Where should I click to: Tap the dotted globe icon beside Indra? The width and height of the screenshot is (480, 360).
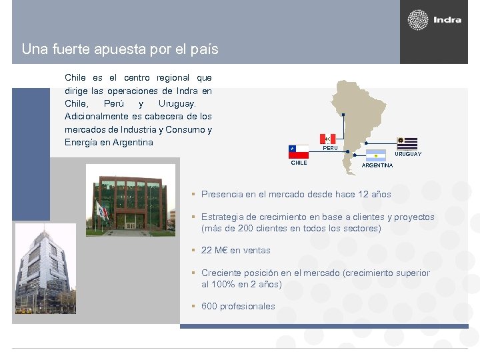click(x=418, y=20)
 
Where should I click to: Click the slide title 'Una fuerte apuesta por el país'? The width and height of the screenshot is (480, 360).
click(x=120, y=49)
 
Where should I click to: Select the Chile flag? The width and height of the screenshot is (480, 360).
click(x=298, y=151)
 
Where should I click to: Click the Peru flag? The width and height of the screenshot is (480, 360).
click(x=327, y=139)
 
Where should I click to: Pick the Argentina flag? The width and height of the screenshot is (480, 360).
click(x=375, y=155)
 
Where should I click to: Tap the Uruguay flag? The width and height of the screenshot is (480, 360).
click(x=407, y=143)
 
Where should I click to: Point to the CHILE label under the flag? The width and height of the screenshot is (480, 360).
click(x=299, y=163)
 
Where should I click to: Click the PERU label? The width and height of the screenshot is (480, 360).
click(x=330, y=148)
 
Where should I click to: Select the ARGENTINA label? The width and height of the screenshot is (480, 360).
click(x=377, y=165)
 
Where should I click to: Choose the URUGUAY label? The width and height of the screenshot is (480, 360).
click(x=408, y=154)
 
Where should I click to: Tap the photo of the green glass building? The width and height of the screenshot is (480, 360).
click(x=131, y=200)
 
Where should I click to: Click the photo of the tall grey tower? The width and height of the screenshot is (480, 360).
click(x=45, y=268)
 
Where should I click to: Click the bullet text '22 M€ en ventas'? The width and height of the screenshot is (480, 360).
click(x=236, y=251)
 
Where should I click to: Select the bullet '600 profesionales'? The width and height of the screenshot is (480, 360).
click(x=238, y=307)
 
